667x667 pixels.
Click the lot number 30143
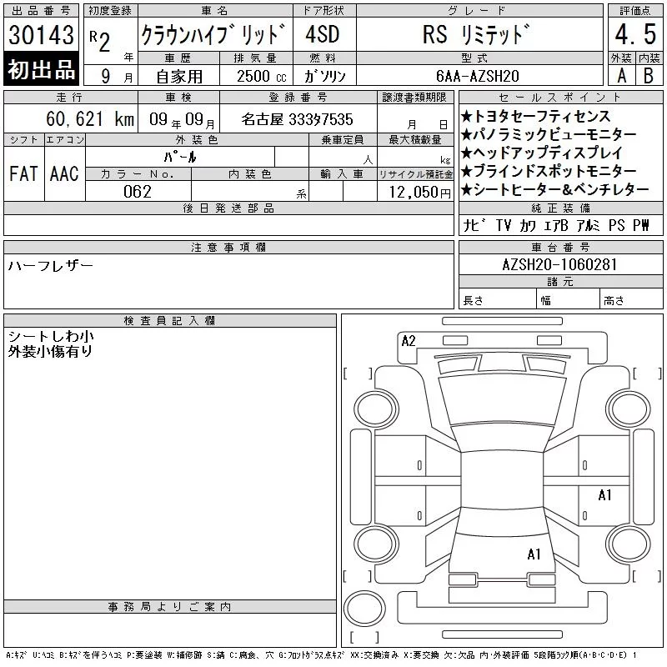[x=41, y=34]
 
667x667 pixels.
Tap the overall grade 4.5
[x=635, y=34]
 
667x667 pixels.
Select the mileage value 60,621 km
[x=90, y=119]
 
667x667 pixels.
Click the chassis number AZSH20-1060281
[x=559, y=264]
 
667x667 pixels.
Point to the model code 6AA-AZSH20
[x=478, y=76]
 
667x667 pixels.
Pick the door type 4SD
[x=323, y=34]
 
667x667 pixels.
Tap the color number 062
[x=138, y=192]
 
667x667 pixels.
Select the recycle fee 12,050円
[x=420, y=193]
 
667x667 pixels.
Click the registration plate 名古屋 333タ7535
[x=297, y=119]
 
